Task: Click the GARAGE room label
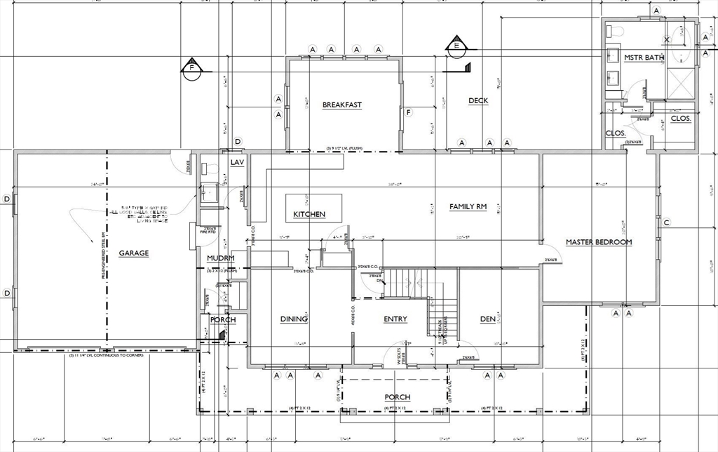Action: click(x=133, y=253)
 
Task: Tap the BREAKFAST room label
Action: click(x=342, y=105)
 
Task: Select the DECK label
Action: click(x=478, y=101)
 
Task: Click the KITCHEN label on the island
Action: click(x=309, y=214)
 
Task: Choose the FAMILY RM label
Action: click(x=468, y=206)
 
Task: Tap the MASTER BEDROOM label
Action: click(x=599, y=242)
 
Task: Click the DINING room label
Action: click(x=294, y=319)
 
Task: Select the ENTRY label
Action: click(x=395, y=319)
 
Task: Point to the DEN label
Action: click(x=487, y=319)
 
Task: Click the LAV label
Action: click(x=237, y=163)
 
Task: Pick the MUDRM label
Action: click(x=220, y=258)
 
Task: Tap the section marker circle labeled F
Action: click(x=190, y=68)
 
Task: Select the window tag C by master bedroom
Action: click(x=667, y=223)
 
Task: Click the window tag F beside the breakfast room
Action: click(x=408, y=112)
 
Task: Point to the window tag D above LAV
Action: click(x=238, y=142)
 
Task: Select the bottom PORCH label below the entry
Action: click(x=397, y=397)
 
